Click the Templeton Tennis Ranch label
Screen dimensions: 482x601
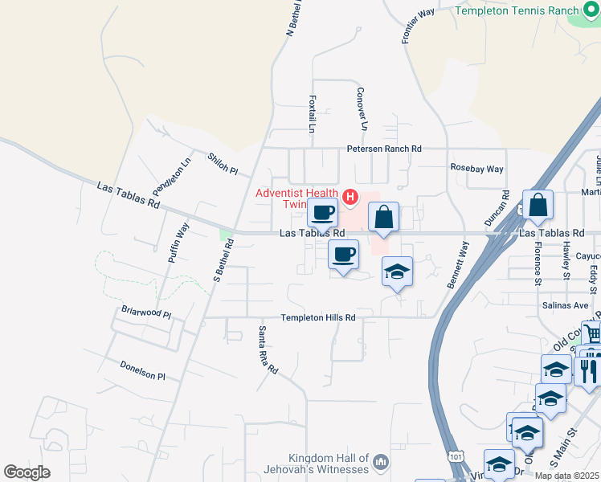point(517,10)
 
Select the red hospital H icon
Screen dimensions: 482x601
point(350,196)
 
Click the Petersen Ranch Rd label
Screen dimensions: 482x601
point(383,149)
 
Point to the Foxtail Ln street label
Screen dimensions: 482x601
point(312,114)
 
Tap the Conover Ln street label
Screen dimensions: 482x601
point(362,109)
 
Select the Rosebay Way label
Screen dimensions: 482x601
point(476,169)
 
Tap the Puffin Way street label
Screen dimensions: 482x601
point(178,242)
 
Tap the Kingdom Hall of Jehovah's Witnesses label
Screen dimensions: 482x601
point(317,462)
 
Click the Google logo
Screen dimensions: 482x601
point(27,472)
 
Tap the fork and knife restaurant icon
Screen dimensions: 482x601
point(589,369)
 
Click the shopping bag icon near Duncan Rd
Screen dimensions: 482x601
point(538,205)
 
